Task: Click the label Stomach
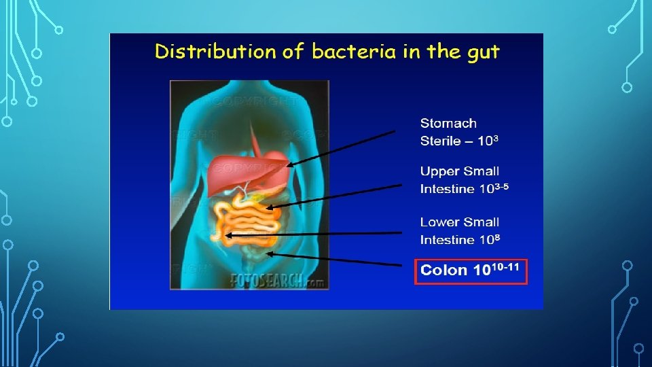[x=448, y=123]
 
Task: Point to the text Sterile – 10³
[x=459, y=141]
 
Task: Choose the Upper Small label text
[x=459, y=171]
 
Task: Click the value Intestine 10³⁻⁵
[x=466, y=188]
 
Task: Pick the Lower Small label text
[x=459, y=222]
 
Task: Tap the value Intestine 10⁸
[x=460, y=239]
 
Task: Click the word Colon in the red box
[x=444, y=270]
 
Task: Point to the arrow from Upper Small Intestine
[x=333, y=196]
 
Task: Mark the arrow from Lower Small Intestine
[x=312, y=234]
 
